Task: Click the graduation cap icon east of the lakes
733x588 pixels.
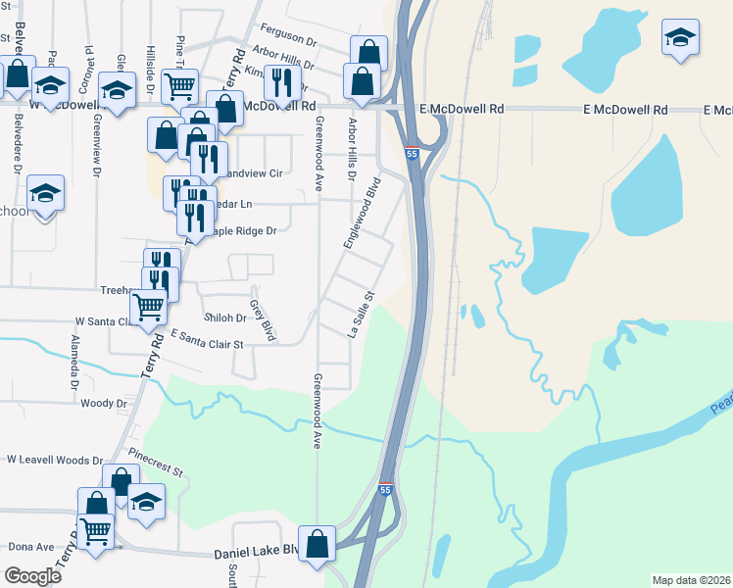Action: [x=679, y=38]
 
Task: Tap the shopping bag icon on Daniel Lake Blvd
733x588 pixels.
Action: [x=318, y=545]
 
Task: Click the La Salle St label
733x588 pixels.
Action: [x=363, y=314]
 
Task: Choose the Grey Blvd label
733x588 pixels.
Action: [x=262, y=320]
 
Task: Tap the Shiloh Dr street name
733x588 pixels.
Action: [x=225, y=318]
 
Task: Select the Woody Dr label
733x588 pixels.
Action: [x=104, y=403]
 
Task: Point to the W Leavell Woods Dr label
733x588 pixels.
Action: [x=54, y=459]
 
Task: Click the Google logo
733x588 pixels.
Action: [x=33, y=576]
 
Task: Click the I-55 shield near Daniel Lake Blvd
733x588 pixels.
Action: [x=386, y=489]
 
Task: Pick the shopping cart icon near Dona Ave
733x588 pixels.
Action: [x=95, y=531]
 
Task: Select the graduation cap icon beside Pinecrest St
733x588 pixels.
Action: [x=146, y=502]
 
